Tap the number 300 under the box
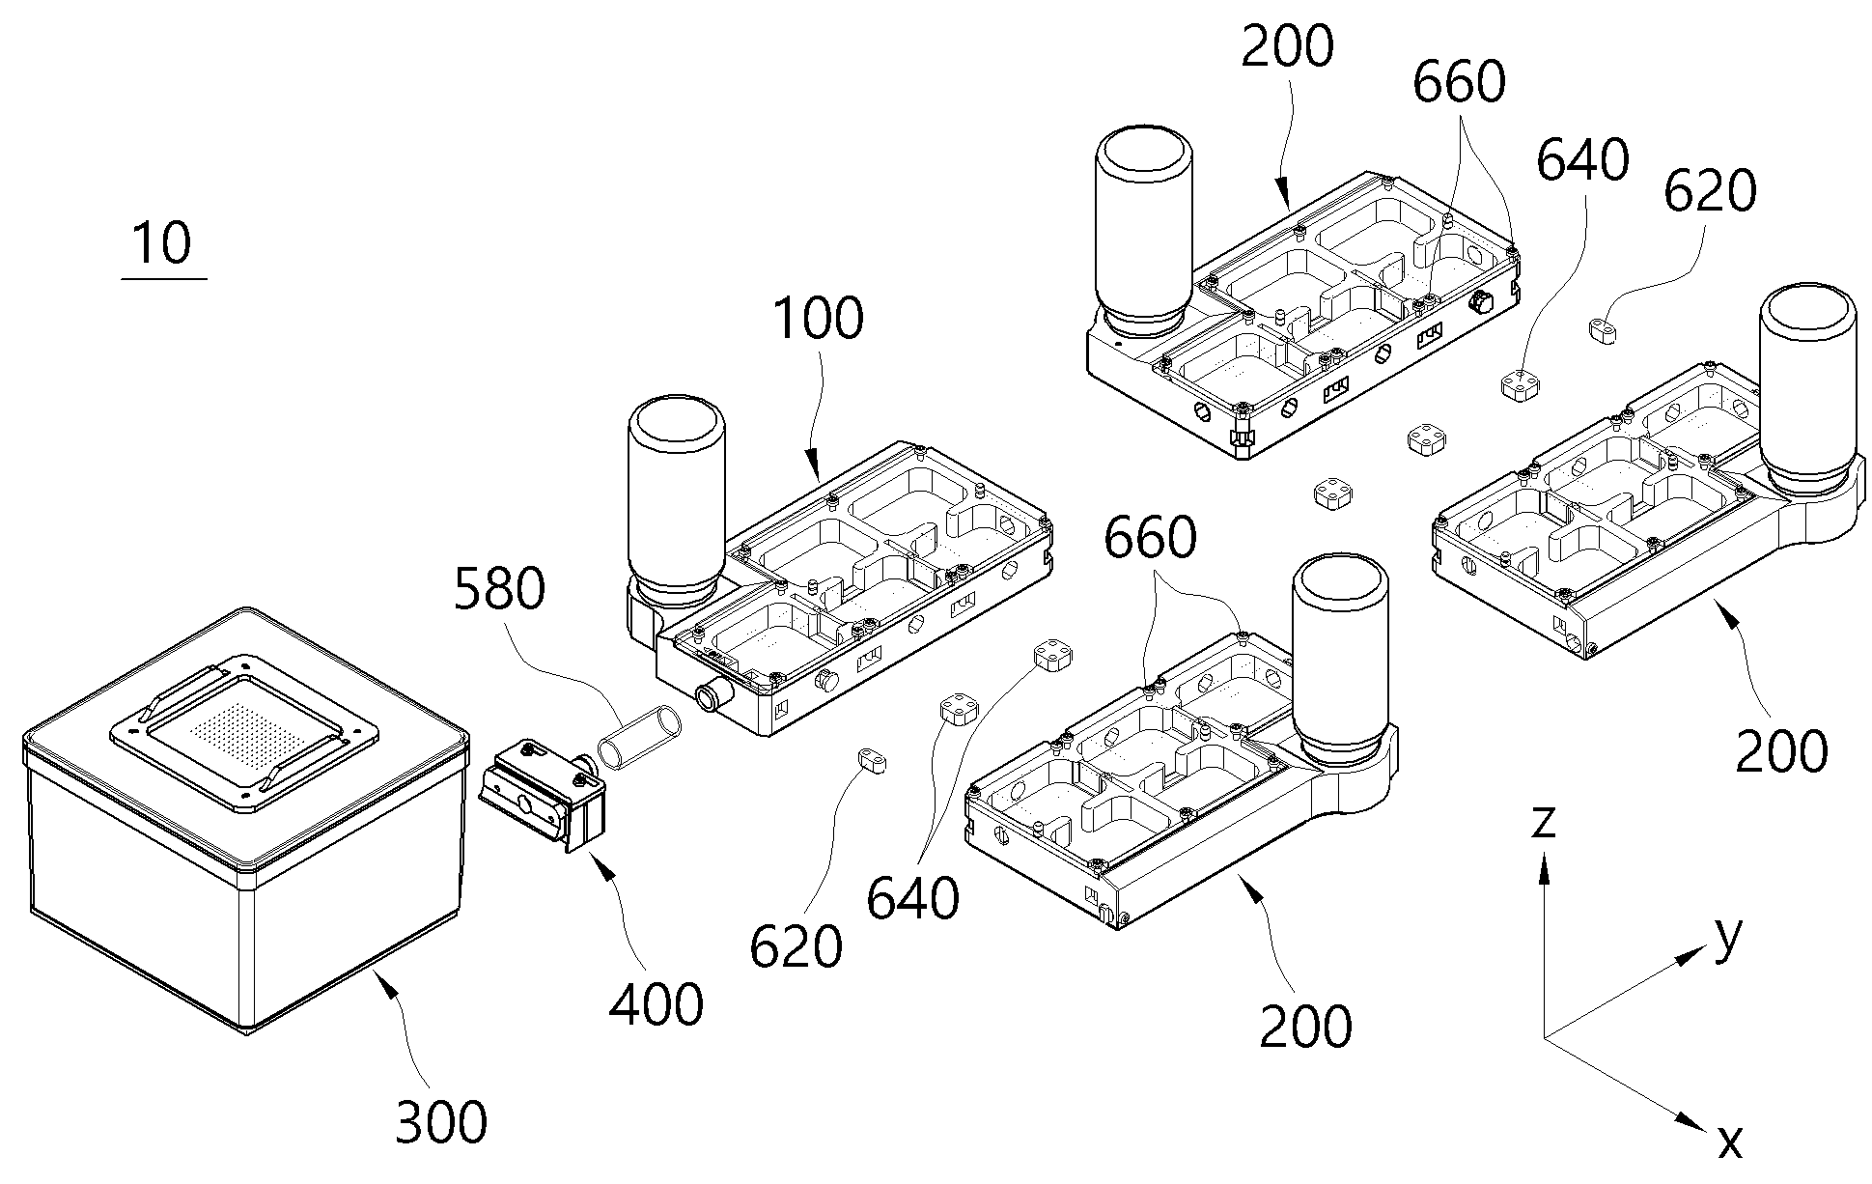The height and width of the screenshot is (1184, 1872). click(441, 1122)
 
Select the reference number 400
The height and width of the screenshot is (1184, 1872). click(657, 1005)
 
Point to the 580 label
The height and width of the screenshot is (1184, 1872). click(499, 589)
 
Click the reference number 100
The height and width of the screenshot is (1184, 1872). click(818, 319)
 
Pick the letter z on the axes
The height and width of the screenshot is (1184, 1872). click(1544, 822)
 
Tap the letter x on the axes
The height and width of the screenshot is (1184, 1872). click(1730, 1142)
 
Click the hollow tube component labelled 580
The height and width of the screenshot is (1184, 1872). click(638, 738)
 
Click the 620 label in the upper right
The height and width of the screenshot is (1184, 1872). click(1710, 192)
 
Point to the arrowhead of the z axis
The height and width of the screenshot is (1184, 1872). click(1545, 873)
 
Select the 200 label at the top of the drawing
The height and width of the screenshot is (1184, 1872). click(1287, 46)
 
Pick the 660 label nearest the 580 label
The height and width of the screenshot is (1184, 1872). click(1150, 537)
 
